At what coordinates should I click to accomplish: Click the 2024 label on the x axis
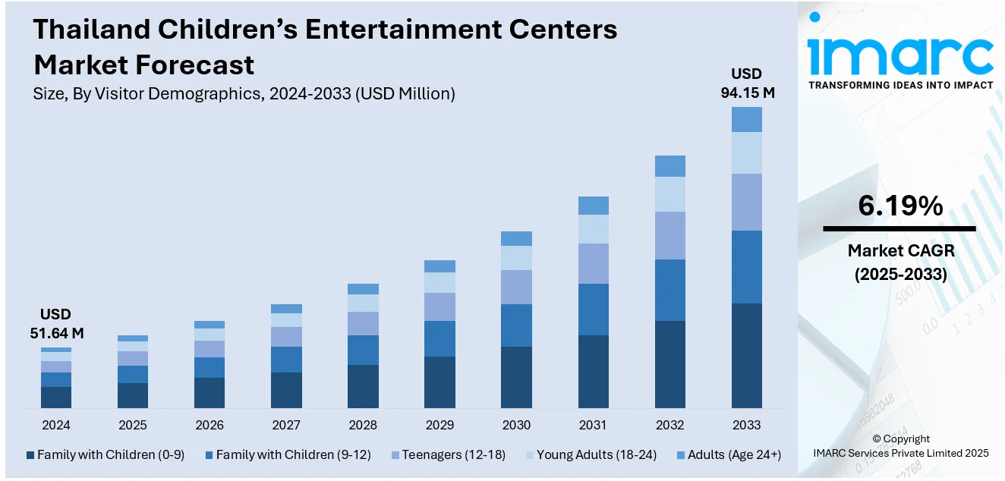pyautogui.click(x=55, y=425)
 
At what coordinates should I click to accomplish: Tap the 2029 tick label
pyautogui.click(x=439, y=425)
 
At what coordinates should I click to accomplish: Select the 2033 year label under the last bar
pyautogui.click(x=746, y=425)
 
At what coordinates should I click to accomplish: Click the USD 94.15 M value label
pyautogui.click(x=747, y=83)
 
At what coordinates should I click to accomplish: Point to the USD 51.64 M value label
pyautogui.click(x=55, y=323)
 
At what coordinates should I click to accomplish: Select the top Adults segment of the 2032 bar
pyautogui.click(x=669, y=166)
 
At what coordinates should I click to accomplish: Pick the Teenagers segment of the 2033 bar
pyautogui.click(x=746, y=202)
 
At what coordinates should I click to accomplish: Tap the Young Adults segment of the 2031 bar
pyautogui.click(x=593, y=229)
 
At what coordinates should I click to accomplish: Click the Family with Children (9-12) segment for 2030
pyautogui.click(x=516, y=325)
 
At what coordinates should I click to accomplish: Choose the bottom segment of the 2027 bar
pyautogui.click(x=286, y=390)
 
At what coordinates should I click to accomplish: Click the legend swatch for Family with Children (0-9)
pyautogui.click(x=30, y=455)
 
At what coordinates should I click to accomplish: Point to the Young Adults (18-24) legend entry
pyautogui.click(x=590, y=455)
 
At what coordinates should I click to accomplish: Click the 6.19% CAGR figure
pyautogui.click(x=899, y=206)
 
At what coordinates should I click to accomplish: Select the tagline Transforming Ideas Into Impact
pyautogui.click(x=900, y=85)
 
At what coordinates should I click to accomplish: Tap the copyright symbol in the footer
pyautogui.click(x=877, y=439)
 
